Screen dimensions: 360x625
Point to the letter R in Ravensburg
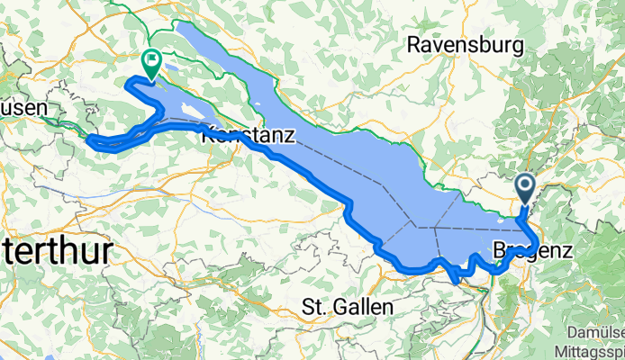(414, 43)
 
